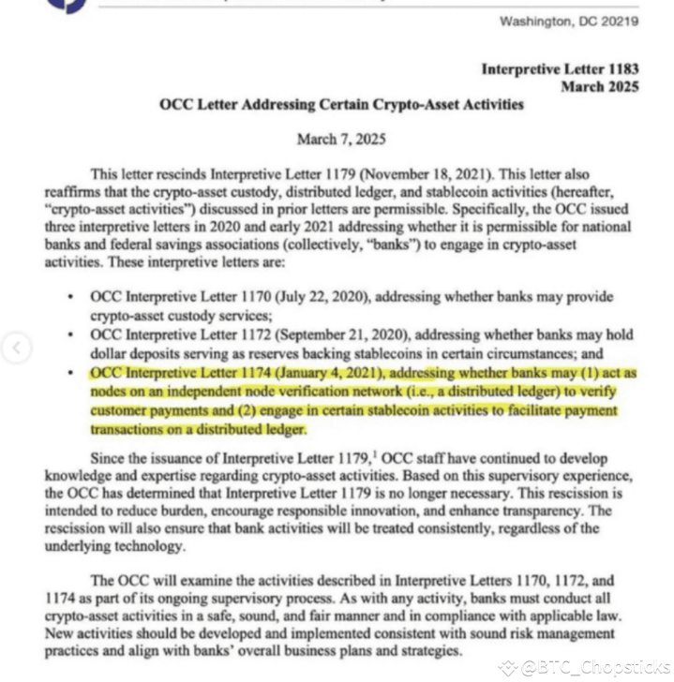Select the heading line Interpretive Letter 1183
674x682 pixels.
click(x=560, y=68)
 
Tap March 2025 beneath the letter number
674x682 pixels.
click(x=600, y=86)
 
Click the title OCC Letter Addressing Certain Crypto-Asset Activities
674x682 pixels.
click(x=341, y=104)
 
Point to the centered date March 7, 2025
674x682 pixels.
click(x=340, y=139)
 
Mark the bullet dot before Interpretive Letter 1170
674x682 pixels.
click(x=72, y=297)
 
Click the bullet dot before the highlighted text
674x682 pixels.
click(x=72, y=373)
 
